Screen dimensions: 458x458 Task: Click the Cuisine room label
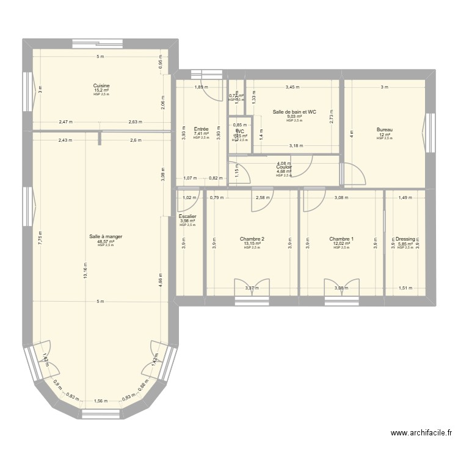[101, 85]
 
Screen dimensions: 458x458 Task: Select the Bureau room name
[384, 129]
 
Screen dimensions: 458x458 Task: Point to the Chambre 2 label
[252, 239]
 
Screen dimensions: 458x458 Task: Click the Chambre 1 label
[341, 239]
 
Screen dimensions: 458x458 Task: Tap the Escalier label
[187, 216]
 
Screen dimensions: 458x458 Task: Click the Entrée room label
[201, 129]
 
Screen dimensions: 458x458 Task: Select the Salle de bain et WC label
[294, 112]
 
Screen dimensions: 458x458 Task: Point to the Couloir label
[284, 167]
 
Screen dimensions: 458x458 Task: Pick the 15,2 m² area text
[101, 90]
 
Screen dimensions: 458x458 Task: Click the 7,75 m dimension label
[39, 238]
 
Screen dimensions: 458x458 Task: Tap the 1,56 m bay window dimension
[101, 401]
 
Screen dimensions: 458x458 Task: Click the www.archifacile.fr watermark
[421, 434]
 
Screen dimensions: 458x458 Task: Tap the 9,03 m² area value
[294, 117]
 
